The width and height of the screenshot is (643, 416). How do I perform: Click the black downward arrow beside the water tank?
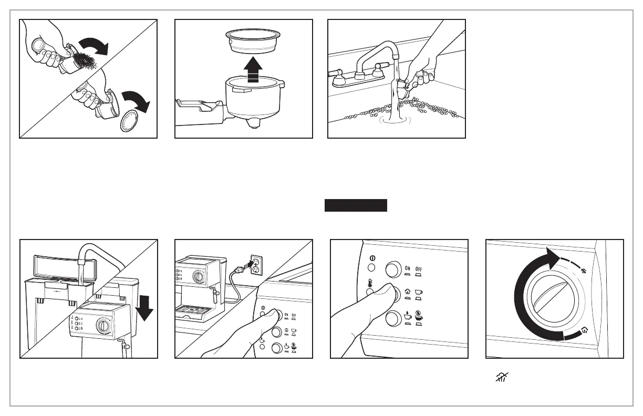143,309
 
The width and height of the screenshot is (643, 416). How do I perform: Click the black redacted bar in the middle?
356,205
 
